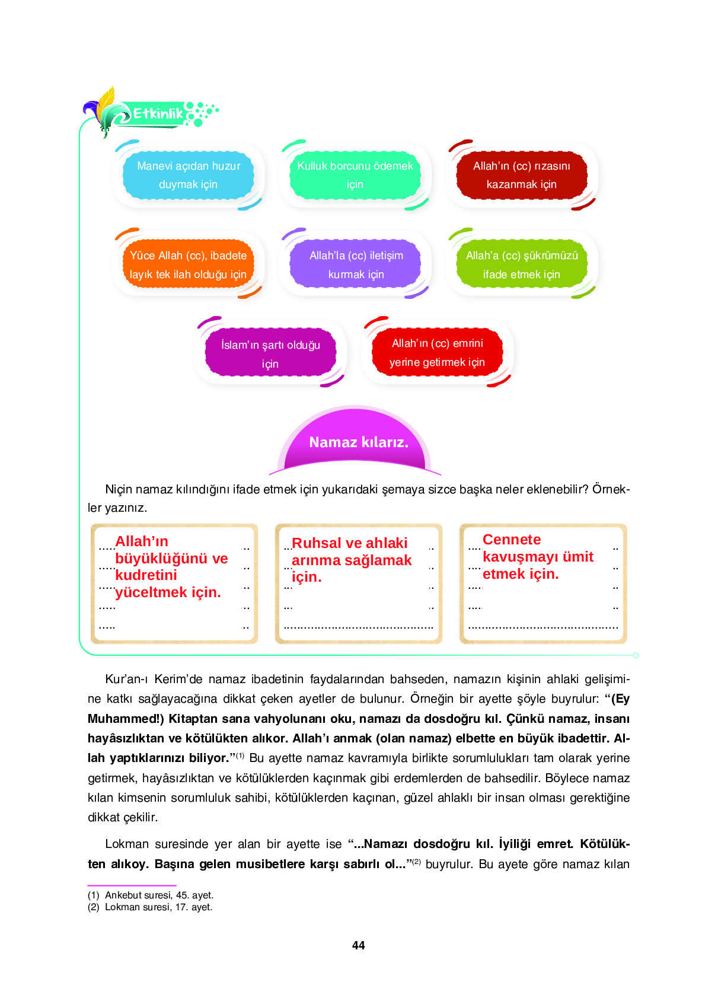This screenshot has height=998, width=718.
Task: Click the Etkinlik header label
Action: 158,113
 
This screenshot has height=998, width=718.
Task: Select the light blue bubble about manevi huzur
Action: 189,175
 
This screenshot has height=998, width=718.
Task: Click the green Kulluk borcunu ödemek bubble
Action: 355,175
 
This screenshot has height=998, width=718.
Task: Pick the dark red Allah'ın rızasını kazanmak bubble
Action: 521,175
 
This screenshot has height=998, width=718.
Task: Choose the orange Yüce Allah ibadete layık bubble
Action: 188,264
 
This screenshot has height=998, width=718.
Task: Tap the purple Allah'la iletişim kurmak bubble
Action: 356,264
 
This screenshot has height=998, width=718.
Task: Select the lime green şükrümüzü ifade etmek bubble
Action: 521,264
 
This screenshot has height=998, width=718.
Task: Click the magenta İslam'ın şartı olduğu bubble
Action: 270,353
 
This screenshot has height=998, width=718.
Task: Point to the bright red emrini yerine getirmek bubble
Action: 437,352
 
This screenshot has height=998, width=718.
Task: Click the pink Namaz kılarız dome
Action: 358,442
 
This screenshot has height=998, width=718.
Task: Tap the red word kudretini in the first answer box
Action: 146,575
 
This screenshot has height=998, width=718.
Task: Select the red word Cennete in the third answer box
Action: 512,540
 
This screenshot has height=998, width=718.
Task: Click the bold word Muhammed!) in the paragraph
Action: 125,719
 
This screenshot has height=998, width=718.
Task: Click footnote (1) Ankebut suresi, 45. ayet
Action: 151,895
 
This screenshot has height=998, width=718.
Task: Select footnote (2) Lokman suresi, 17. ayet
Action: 150,907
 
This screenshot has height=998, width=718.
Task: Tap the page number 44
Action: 358,945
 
